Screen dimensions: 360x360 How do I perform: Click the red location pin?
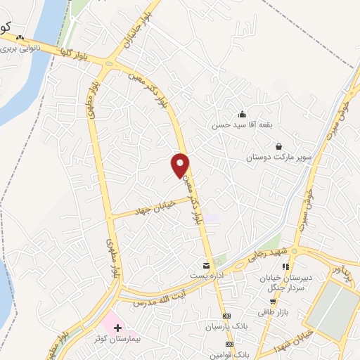(181, 165)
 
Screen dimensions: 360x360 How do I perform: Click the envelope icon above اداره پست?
(205, 266)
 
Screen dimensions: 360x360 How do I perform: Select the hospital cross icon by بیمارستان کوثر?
(117, 328)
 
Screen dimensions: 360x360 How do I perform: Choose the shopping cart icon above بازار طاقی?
(273, 302)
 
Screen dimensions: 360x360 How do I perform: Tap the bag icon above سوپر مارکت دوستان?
(279, 146)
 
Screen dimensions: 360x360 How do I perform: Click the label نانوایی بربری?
(18, 50)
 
